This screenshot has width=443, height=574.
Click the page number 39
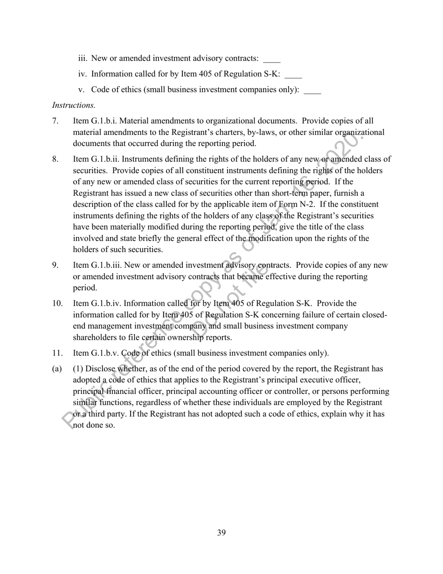point(221,533)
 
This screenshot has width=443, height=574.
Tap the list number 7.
point(55,121)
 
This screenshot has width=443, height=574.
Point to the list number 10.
point(57,304)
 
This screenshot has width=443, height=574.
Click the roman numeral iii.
point(83,58)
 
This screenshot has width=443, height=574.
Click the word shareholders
point(95,337)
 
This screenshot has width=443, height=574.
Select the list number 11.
point(57,353)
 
